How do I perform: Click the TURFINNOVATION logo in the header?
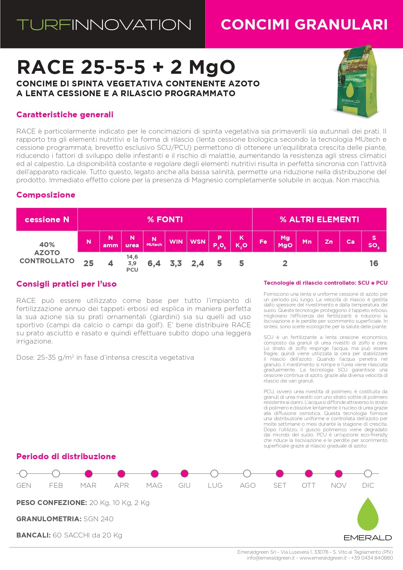pos(104,25)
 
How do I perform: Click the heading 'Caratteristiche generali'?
pos(65,115)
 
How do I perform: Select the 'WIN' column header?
pos(176,242)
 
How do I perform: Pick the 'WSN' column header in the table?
pos(197,242)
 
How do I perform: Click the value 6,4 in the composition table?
pos(154,264)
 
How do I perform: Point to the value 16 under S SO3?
pos(373,264)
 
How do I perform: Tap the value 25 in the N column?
pos(88,264)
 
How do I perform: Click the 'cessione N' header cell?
pos(47,220)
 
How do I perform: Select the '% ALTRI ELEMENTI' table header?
pos(319,220)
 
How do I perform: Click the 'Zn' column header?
pos(329,242)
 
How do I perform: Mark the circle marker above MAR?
pos(88,473)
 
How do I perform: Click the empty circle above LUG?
pos(214,473)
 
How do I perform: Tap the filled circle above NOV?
pos(338,473)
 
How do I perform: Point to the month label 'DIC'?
pos(368,486)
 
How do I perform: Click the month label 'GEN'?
pos(24,486)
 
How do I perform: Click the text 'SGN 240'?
pos(98,519)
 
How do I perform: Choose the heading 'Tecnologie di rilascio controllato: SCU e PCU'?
pos(325,283)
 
